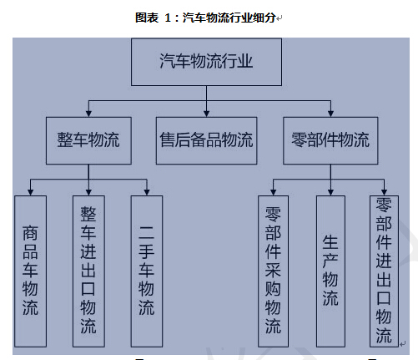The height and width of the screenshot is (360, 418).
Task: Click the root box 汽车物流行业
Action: click(206, 62)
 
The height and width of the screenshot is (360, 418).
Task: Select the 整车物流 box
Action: click(88, 140)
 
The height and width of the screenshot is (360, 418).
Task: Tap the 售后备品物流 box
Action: click(206, 140)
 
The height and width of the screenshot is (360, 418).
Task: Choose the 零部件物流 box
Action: click(330, 140)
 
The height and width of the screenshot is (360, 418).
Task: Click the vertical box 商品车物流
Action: click(30, 271)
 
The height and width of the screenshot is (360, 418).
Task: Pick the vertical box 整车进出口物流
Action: click(88, 271)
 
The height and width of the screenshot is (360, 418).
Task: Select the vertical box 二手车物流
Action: click(147, 271)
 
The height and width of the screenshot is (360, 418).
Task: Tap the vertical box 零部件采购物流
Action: click(273, 271)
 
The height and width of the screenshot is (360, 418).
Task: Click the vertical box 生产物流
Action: click(330, 271)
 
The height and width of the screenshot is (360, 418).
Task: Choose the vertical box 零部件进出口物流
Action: click(384, 271)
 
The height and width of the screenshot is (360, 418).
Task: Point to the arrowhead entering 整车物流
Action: click(88, 114)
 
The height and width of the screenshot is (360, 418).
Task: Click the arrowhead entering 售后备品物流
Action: click(206, 114)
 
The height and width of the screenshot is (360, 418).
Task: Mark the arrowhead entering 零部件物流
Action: click(330, 114)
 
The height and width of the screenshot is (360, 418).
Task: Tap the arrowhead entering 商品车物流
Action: click(31, 192)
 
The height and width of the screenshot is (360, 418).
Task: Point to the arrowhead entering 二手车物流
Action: click(147, 192)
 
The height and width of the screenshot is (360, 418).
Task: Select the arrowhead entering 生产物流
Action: click(330, 192)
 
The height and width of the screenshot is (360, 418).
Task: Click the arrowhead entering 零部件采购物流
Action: click(273, 192)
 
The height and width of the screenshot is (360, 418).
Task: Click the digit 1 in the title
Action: click(168, 18)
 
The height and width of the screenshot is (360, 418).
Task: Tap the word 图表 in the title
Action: click(147, 18)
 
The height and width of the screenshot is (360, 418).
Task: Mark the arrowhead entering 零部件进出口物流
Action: click(384, 192)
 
